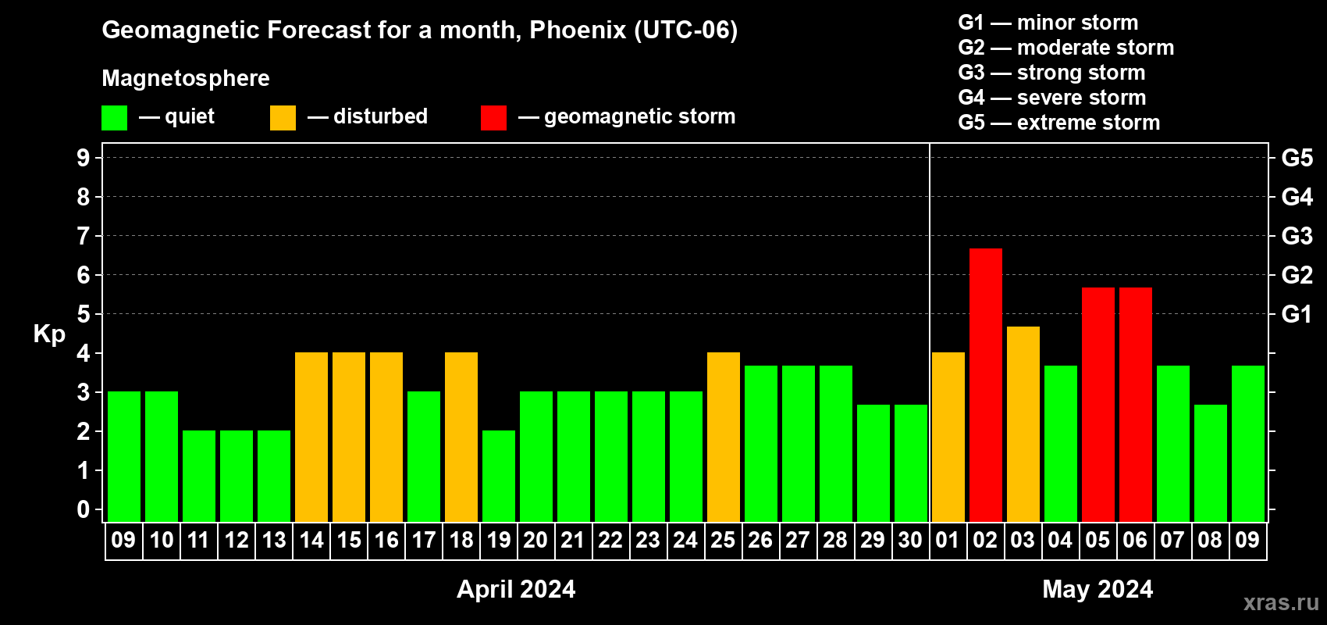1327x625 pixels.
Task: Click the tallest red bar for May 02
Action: [x=986, y=385]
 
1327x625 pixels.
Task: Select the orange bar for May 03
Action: [x=1023, y=424]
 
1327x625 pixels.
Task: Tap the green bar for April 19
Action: [x=499, y=476]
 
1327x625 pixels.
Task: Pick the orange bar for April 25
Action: [x=724, y=437]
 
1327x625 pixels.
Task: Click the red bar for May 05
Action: [x=1098, y=405]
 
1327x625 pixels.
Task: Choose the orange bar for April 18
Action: [x=461, y=437]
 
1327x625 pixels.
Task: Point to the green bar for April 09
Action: [x=124, y=456]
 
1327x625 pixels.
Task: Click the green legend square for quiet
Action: [x=114, y=117]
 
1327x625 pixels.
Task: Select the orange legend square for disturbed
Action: [x=283, y=117]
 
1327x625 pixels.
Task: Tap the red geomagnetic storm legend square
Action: [x=494, y=117]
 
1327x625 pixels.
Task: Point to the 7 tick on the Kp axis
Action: [x=83, y=236]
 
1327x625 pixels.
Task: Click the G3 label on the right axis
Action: [x=1297, y=236]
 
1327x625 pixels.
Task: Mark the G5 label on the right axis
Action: [x=1297, y=158]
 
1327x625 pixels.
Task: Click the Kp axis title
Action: [x=49, y=334]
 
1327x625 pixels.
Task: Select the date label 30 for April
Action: [x=910, y=540]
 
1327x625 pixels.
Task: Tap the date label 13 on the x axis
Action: [x=274, y=540]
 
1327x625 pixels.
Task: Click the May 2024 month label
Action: [x=1098, y=589]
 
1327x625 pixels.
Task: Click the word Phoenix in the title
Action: [x=578, y=30]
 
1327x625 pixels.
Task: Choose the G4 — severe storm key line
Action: [x=1052, y=97]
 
